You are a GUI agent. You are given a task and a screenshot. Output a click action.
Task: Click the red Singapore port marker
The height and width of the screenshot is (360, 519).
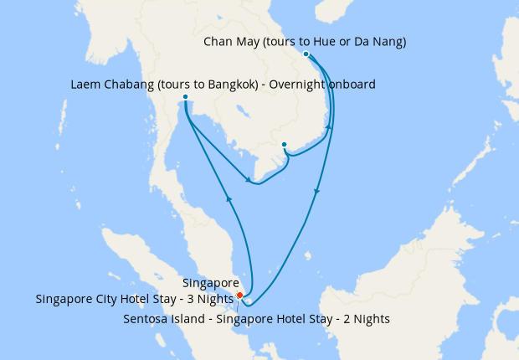239,295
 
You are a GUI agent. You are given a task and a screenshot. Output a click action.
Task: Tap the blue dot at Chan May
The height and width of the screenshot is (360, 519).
306,54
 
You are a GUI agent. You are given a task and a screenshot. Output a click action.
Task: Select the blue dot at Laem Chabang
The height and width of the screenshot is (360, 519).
185,97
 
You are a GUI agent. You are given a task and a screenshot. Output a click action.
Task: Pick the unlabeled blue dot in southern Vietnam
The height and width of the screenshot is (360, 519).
285,144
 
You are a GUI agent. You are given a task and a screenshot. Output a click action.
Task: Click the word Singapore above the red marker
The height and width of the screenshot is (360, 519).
210,284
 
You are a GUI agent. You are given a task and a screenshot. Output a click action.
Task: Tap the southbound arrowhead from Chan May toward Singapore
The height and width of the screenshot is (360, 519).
316,193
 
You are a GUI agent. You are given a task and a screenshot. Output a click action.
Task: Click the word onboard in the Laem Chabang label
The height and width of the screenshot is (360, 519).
351,84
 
